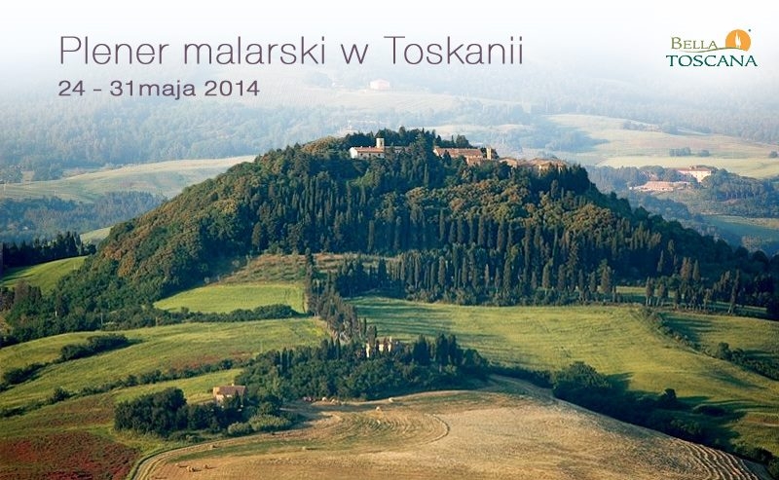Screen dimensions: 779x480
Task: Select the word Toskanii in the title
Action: tap(454, 50)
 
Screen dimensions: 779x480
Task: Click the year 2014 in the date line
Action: tap(232, 89)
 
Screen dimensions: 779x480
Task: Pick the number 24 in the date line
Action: tap(72, 89)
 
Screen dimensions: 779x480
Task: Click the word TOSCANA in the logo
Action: tap(712, 60)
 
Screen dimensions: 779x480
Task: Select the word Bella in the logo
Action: tap(694, 44)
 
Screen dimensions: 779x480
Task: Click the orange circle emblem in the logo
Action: tap(738, 40)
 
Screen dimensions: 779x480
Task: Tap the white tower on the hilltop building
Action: tap(380, 143)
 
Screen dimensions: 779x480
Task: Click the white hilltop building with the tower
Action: tap(367, 150)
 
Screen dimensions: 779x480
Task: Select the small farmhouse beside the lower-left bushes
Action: tap(229, 392)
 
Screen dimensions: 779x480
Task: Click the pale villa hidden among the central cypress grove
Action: tap(383, 347)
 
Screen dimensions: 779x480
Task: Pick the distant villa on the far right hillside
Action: tap(695, 173)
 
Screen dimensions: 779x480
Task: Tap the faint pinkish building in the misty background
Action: tap(380, 85)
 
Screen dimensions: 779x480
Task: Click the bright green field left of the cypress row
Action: tap(231, 297)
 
